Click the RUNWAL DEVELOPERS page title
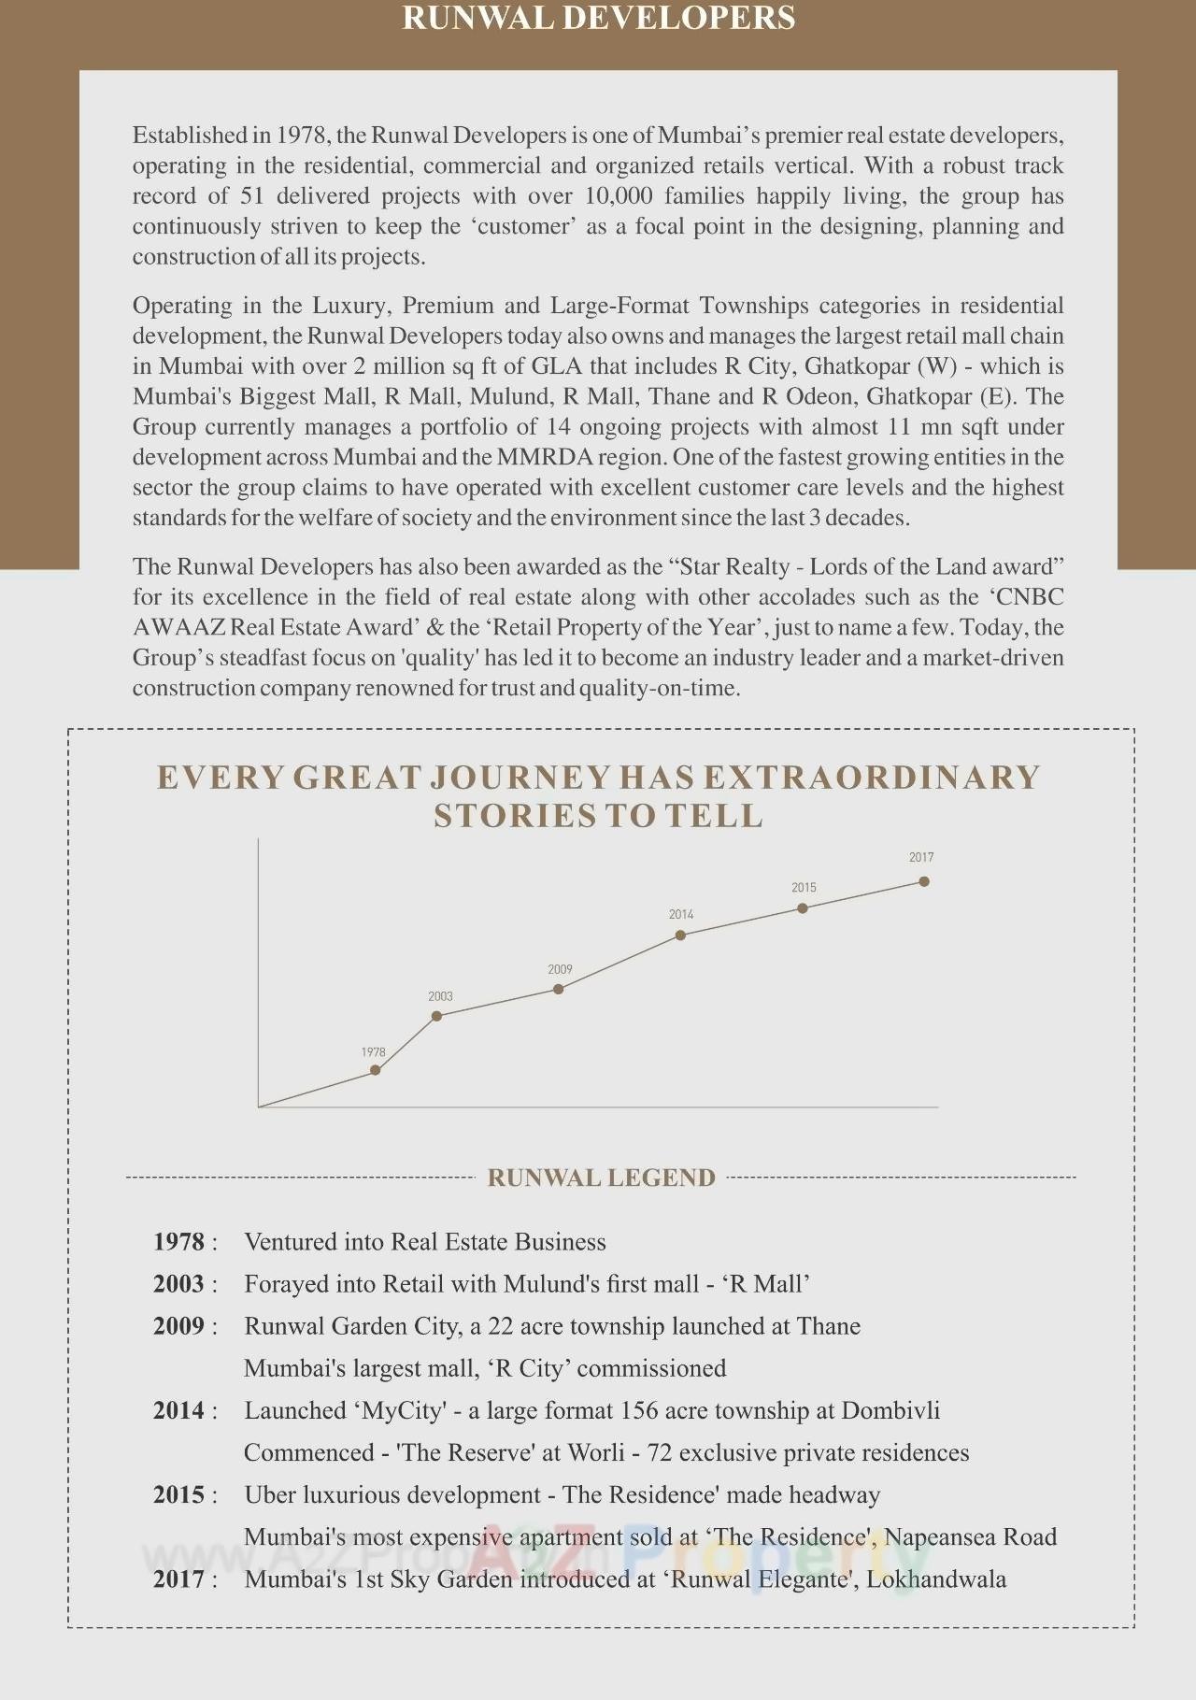click(598, 18)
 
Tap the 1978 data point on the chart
click(376, 1070)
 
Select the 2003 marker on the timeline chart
click(437, 1016)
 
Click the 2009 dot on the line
click(559, 989)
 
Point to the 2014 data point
click(680, 935)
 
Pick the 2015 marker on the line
click(803, 907)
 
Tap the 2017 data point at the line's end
click(924, 881)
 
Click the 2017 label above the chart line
click(921, 857)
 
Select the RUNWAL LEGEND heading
click(601, 1178)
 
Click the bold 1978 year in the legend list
click(178, 1241)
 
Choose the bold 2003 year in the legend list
click(178, 1283)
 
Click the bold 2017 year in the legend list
click(178, 1579)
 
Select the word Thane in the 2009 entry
click(829, 1325)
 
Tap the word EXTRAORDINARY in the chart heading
click(872, 778)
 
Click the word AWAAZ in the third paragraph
click(178, 627)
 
